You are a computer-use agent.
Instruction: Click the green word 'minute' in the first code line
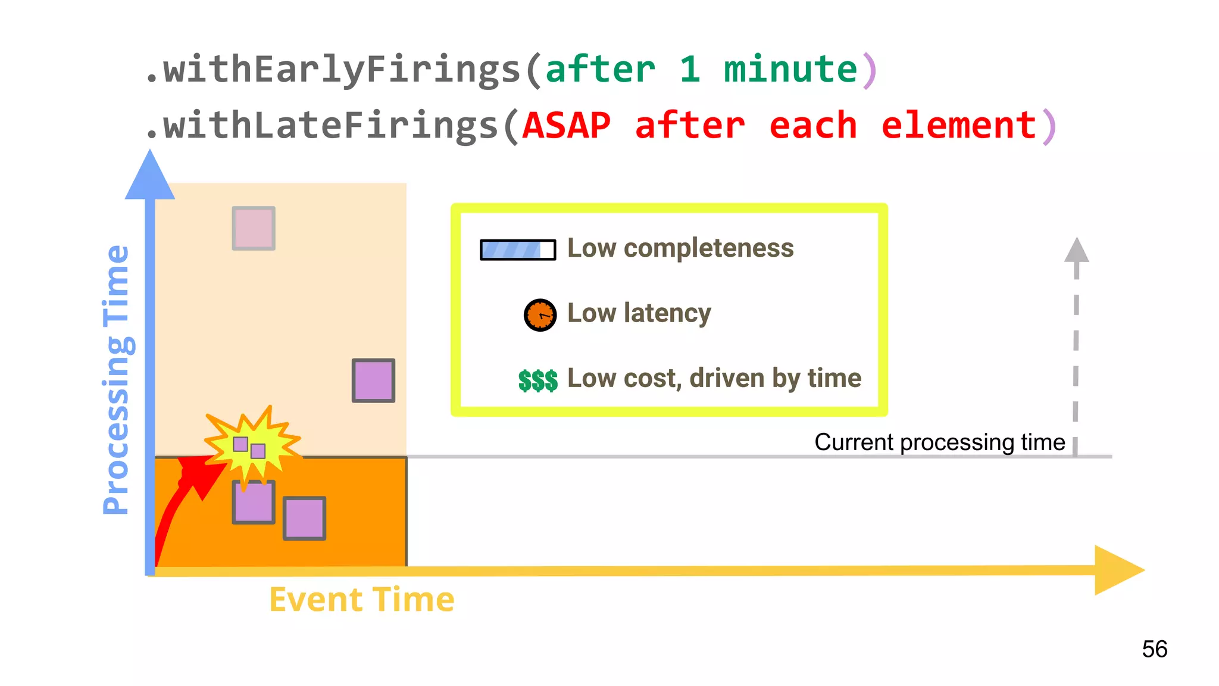790,70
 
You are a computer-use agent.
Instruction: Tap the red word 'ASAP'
567,126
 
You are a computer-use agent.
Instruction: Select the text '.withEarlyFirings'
333,70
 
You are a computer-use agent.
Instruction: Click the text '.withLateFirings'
321,126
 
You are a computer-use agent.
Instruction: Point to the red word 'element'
959,126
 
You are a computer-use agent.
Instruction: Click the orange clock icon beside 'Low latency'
540,315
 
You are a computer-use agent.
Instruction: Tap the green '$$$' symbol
537,380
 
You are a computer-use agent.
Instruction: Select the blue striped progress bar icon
518,250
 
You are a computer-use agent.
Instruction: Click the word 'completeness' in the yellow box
708,248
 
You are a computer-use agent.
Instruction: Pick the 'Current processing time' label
939,442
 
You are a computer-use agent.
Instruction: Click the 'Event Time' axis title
362,599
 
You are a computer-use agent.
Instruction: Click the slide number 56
1154,649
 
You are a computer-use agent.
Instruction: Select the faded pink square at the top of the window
254,228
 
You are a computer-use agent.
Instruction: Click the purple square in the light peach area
373,381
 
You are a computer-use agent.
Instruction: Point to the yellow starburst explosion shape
253,444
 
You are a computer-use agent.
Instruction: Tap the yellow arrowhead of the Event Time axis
1118,570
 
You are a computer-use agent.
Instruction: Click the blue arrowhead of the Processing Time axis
150,176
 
